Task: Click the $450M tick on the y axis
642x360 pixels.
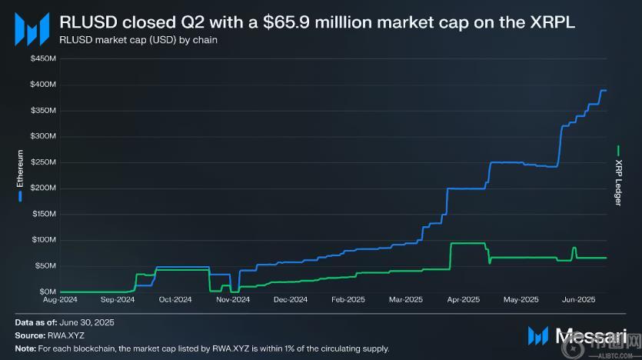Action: pos(43,58)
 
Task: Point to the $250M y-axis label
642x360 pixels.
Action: pos(43,162)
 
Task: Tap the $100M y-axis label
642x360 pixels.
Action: pos(43,240)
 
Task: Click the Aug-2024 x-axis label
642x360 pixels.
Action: pos(60,300)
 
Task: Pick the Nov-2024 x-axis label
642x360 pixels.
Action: pos(233,300)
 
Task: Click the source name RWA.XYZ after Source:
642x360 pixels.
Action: pos(72,335)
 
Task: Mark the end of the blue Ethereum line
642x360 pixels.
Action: pos(605,91)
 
